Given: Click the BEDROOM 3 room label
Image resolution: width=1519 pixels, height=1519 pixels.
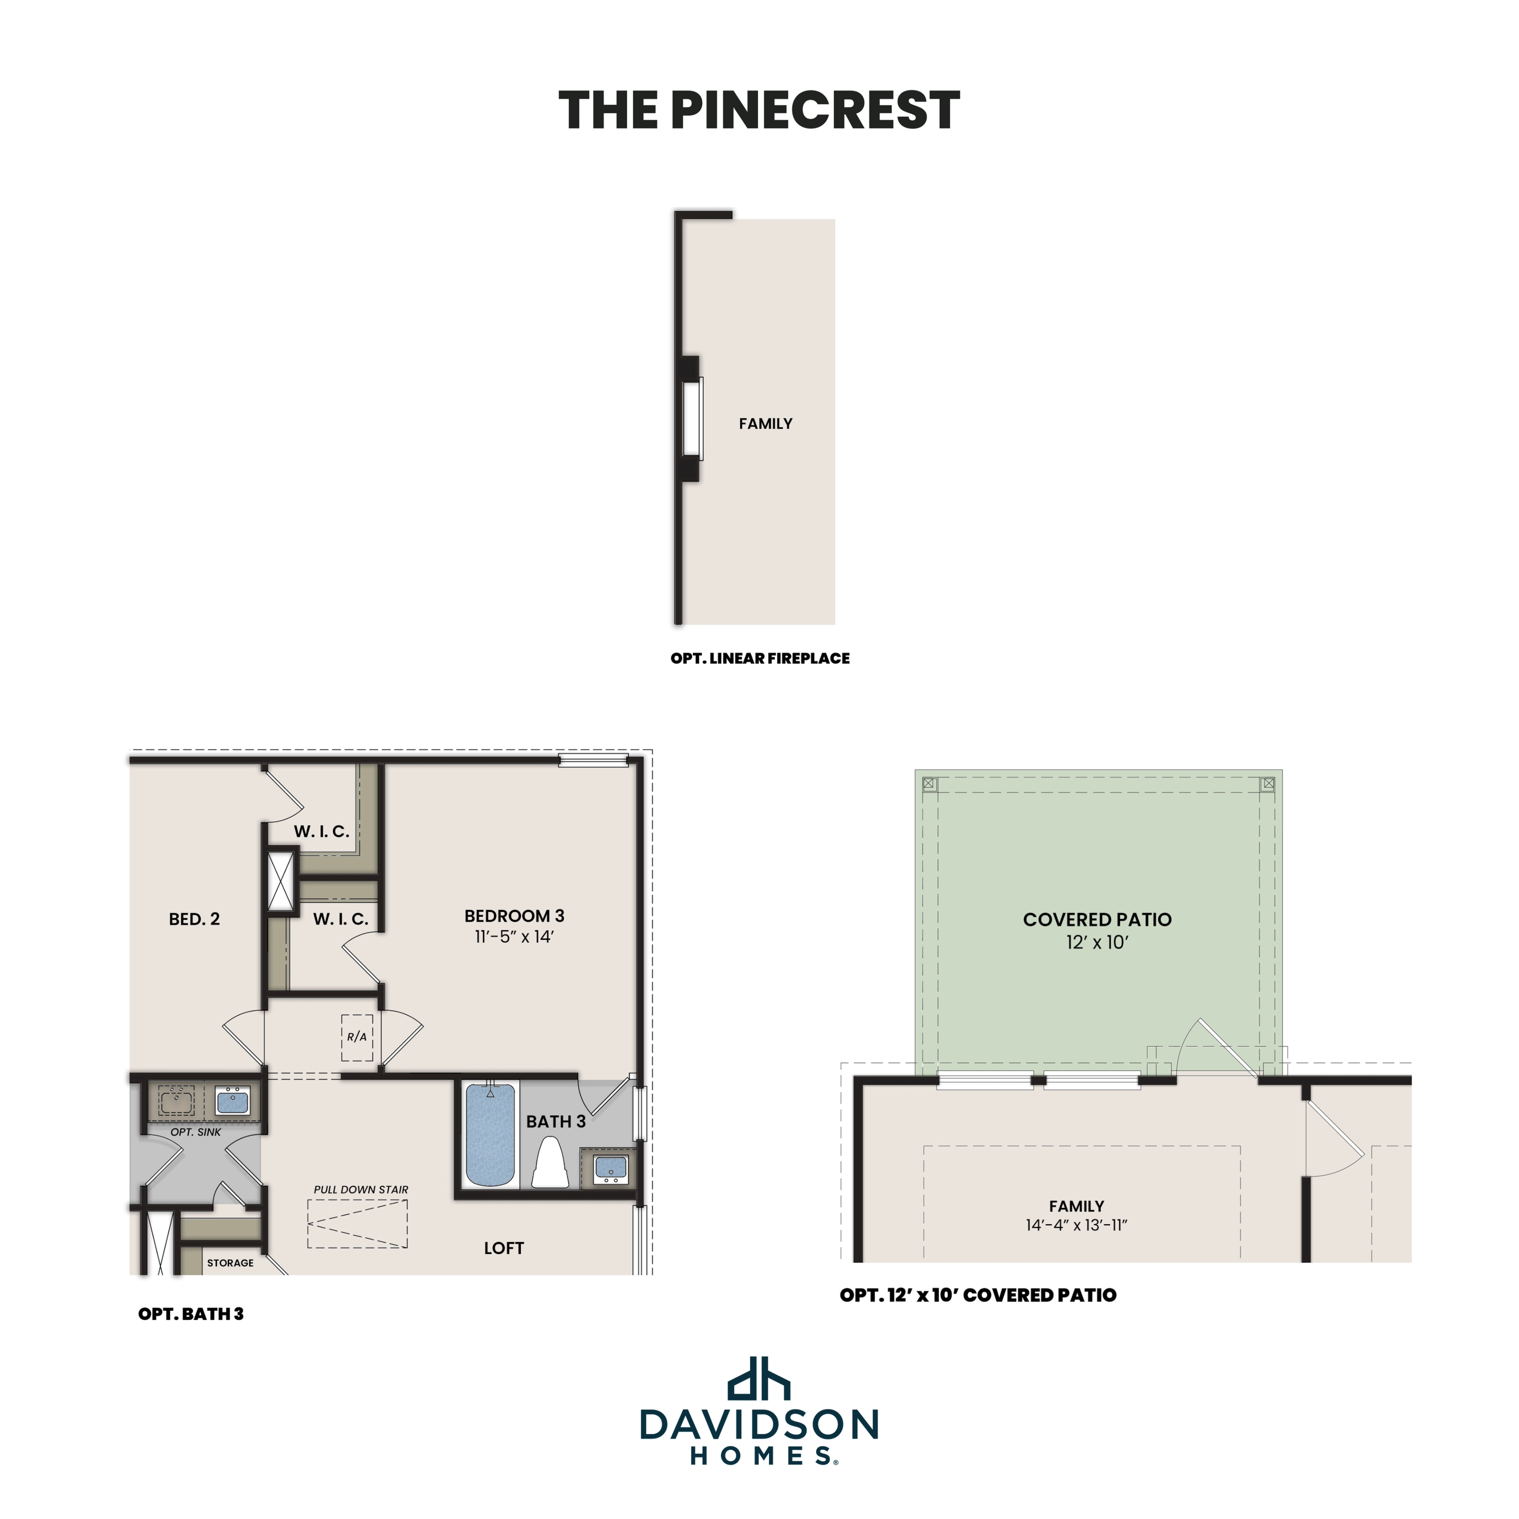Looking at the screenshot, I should point(514,916).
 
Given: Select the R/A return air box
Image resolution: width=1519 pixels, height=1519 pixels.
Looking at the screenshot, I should point(357,1037).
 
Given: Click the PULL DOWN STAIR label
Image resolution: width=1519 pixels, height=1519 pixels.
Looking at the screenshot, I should point(361,1189).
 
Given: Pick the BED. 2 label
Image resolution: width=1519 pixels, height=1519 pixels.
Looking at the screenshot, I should point(194,919).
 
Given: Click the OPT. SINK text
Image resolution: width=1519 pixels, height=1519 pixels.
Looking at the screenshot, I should point(196,1132).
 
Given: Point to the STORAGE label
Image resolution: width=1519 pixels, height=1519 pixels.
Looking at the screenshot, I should point(230,1263).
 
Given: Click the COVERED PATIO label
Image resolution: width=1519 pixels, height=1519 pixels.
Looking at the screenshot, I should point(1097,920).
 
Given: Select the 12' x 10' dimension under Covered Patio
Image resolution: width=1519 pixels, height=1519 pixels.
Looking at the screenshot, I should point(1097,943).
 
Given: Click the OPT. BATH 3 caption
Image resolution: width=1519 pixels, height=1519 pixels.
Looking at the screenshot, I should point(191,1314).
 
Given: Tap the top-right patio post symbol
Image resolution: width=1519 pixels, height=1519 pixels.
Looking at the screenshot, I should point(1267,784).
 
